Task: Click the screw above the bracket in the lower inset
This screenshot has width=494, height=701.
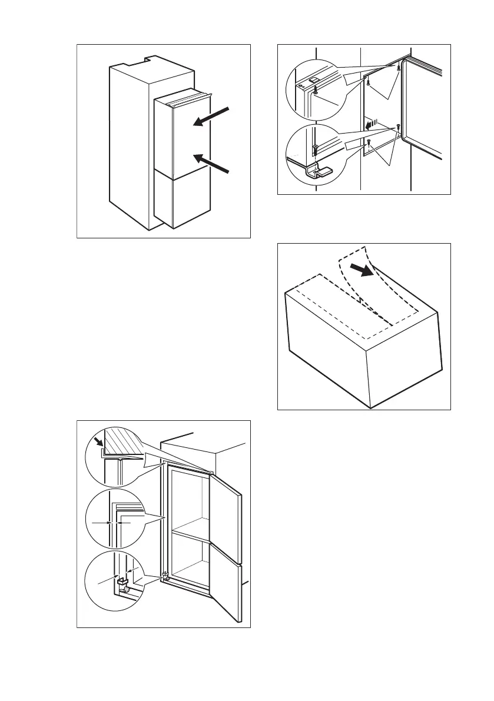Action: [316, 148]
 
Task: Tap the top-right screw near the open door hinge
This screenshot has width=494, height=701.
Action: [399, 69]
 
